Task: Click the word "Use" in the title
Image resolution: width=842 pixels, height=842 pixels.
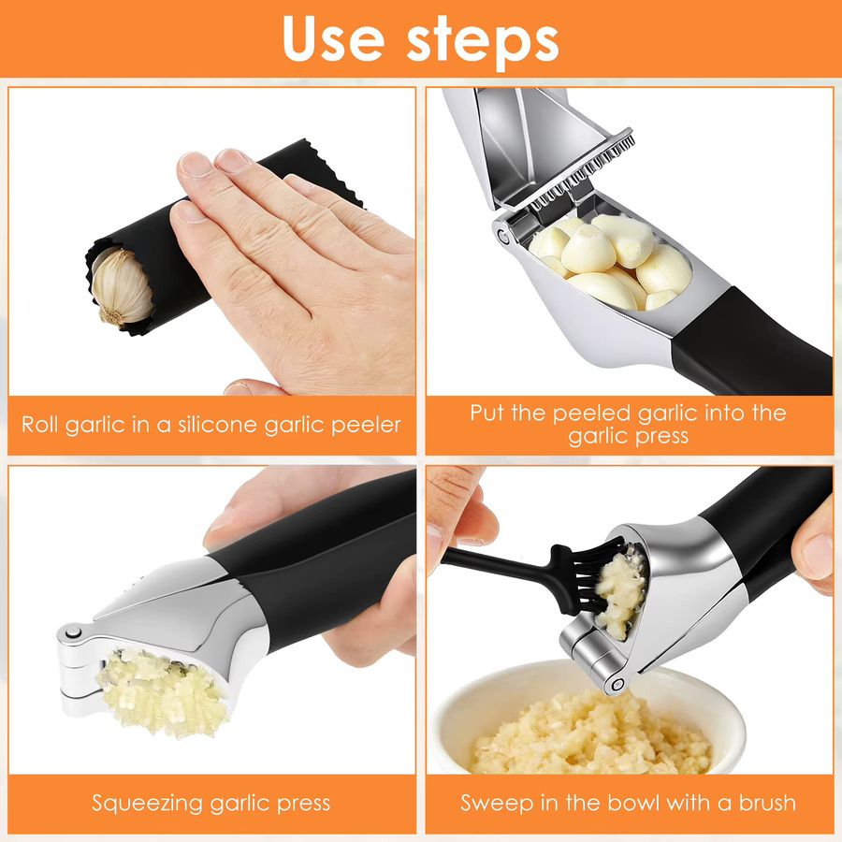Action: [x=333, y=37]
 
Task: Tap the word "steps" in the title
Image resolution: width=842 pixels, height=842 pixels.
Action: [x=482, y=42]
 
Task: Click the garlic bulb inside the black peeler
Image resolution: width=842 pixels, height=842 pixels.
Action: [x=122, y=287]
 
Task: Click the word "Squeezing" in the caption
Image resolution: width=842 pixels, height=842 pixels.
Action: [x=148, y=804]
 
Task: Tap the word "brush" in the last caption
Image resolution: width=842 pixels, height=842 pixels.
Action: [x=767, y=803]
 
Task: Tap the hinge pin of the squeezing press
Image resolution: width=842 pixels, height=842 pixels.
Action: [x=74, y=633]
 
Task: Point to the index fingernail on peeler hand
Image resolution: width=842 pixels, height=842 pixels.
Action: [x=195, y=164]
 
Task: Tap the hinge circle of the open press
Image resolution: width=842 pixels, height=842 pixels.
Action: [x=503, y=235]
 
